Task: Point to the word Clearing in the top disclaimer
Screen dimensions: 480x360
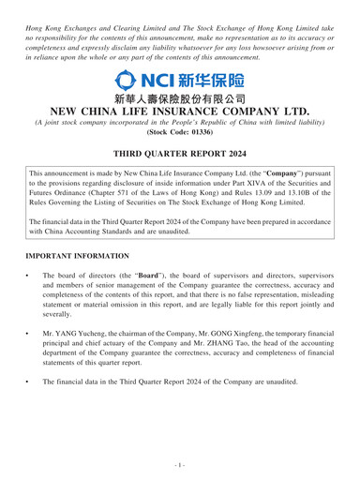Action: pyautogui.click(x=165, y=13)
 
